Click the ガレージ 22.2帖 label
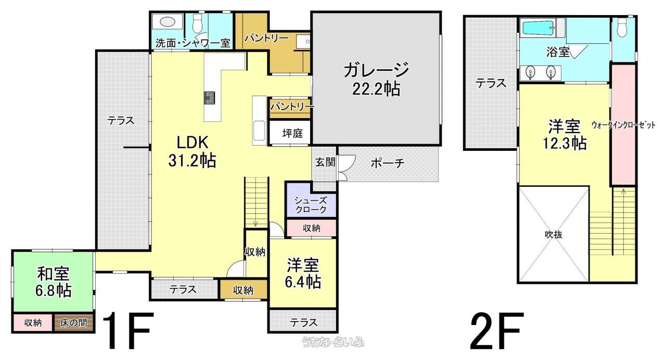(376, 79)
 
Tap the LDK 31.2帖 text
(192, 151)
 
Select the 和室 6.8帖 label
(53, 282)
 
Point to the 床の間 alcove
(74, 322)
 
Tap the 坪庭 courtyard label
(292, 133)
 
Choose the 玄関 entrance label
(325, 162)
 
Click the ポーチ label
(388, 163)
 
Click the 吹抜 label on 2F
(554, 234)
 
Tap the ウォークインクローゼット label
(623, 125)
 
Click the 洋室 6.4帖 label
(303, 274)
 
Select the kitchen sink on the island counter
(209, 98)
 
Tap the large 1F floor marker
(127, 330)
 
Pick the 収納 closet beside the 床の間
(33, 322)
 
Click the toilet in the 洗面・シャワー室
(197, 24)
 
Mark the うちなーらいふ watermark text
(333, 342)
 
